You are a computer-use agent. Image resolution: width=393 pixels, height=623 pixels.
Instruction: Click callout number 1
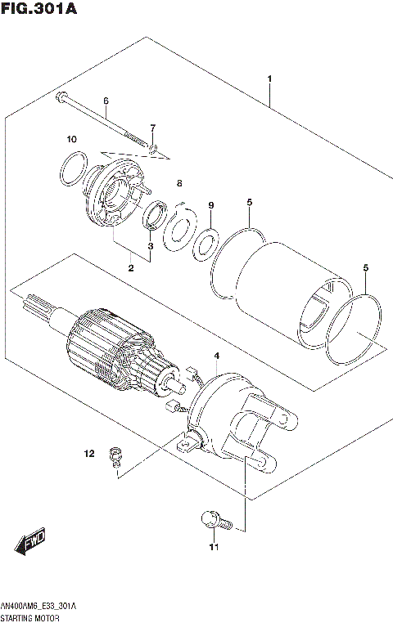269,79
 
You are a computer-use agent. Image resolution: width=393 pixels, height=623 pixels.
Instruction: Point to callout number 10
71,138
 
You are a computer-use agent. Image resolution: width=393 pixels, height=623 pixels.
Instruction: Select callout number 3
150,245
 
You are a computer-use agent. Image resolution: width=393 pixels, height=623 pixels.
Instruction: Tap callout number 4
216,356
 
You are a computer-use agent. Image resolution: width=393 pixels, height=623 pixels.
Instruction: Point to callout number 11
215,547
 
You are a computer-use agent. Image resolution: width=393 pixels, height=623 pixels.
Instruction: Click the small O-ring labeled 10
72,169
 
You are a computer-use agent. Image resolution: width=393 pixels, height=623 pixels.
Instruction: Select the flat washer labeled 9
205,242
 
